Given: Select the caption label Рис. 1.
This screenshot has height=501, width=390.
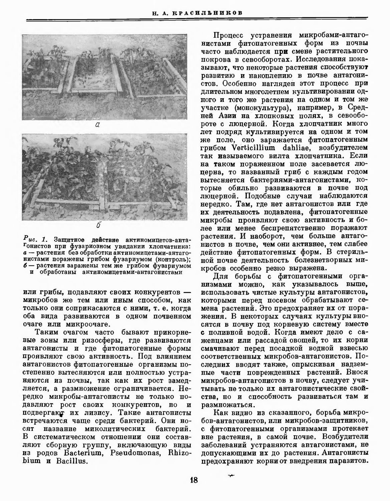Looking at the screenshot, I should [34, 239].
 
